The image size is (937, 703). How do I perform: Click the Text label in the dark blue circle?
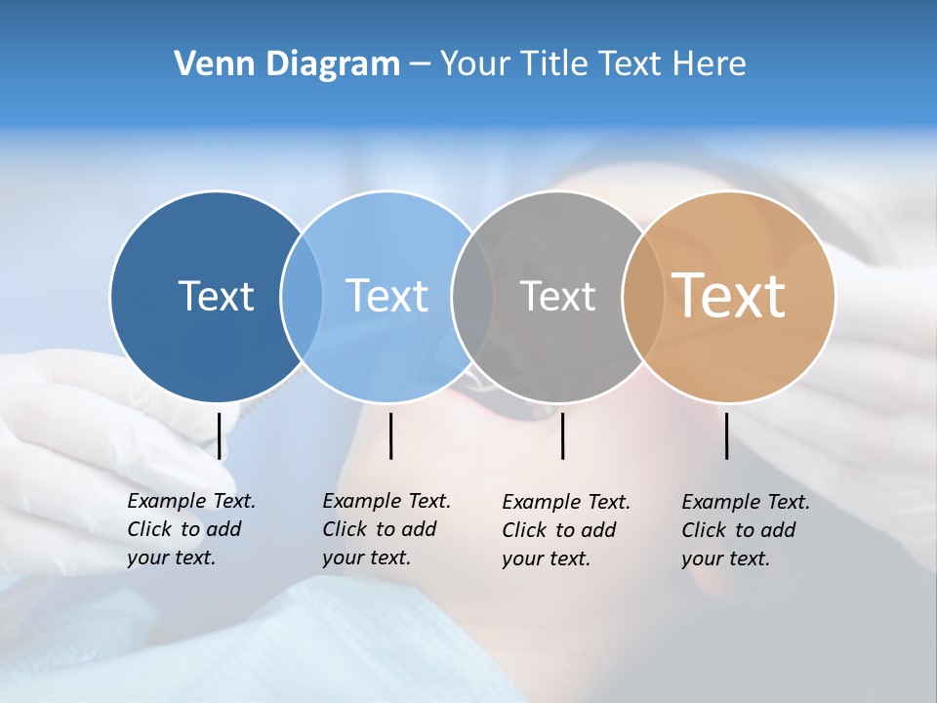tap(216, 296)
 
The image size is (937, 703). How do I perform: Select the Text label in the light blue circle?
tap(387, 296)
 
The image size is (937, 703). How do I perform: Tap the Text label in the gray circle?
tap(557, 296)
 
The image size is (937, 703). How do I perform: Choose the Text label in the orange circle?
tap(728, 296)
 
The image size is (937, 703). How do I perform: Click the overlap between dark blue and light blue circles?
tap(302, 296)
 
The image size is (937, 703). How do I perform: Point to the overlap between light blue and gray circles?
tap(472, 296)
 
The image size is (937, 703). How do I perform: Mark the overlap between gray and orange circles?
tap(643, 296)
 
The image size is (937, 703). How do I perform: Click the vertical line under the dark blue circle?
tap(220, 435)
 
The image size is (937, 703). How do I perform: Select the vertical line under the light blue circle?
tap(390, 435)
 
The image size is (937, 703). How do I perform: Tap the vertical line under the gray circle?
tap(562, 435)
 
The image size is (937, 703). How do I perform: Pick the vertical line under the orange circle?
tap(726, 435)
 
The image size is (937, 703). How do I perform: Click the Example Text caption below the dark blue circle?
tap(190, 529)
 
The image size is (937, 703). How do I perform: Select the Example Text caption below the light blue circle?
tap(386, 529)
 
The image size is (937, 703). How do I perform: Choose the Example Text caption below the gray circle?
tap(565, 530)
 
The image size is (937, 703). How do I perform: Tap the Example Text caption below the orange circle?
tap(745, 530)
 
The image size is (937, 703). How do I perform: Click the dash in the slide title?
tap(420, 64)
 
